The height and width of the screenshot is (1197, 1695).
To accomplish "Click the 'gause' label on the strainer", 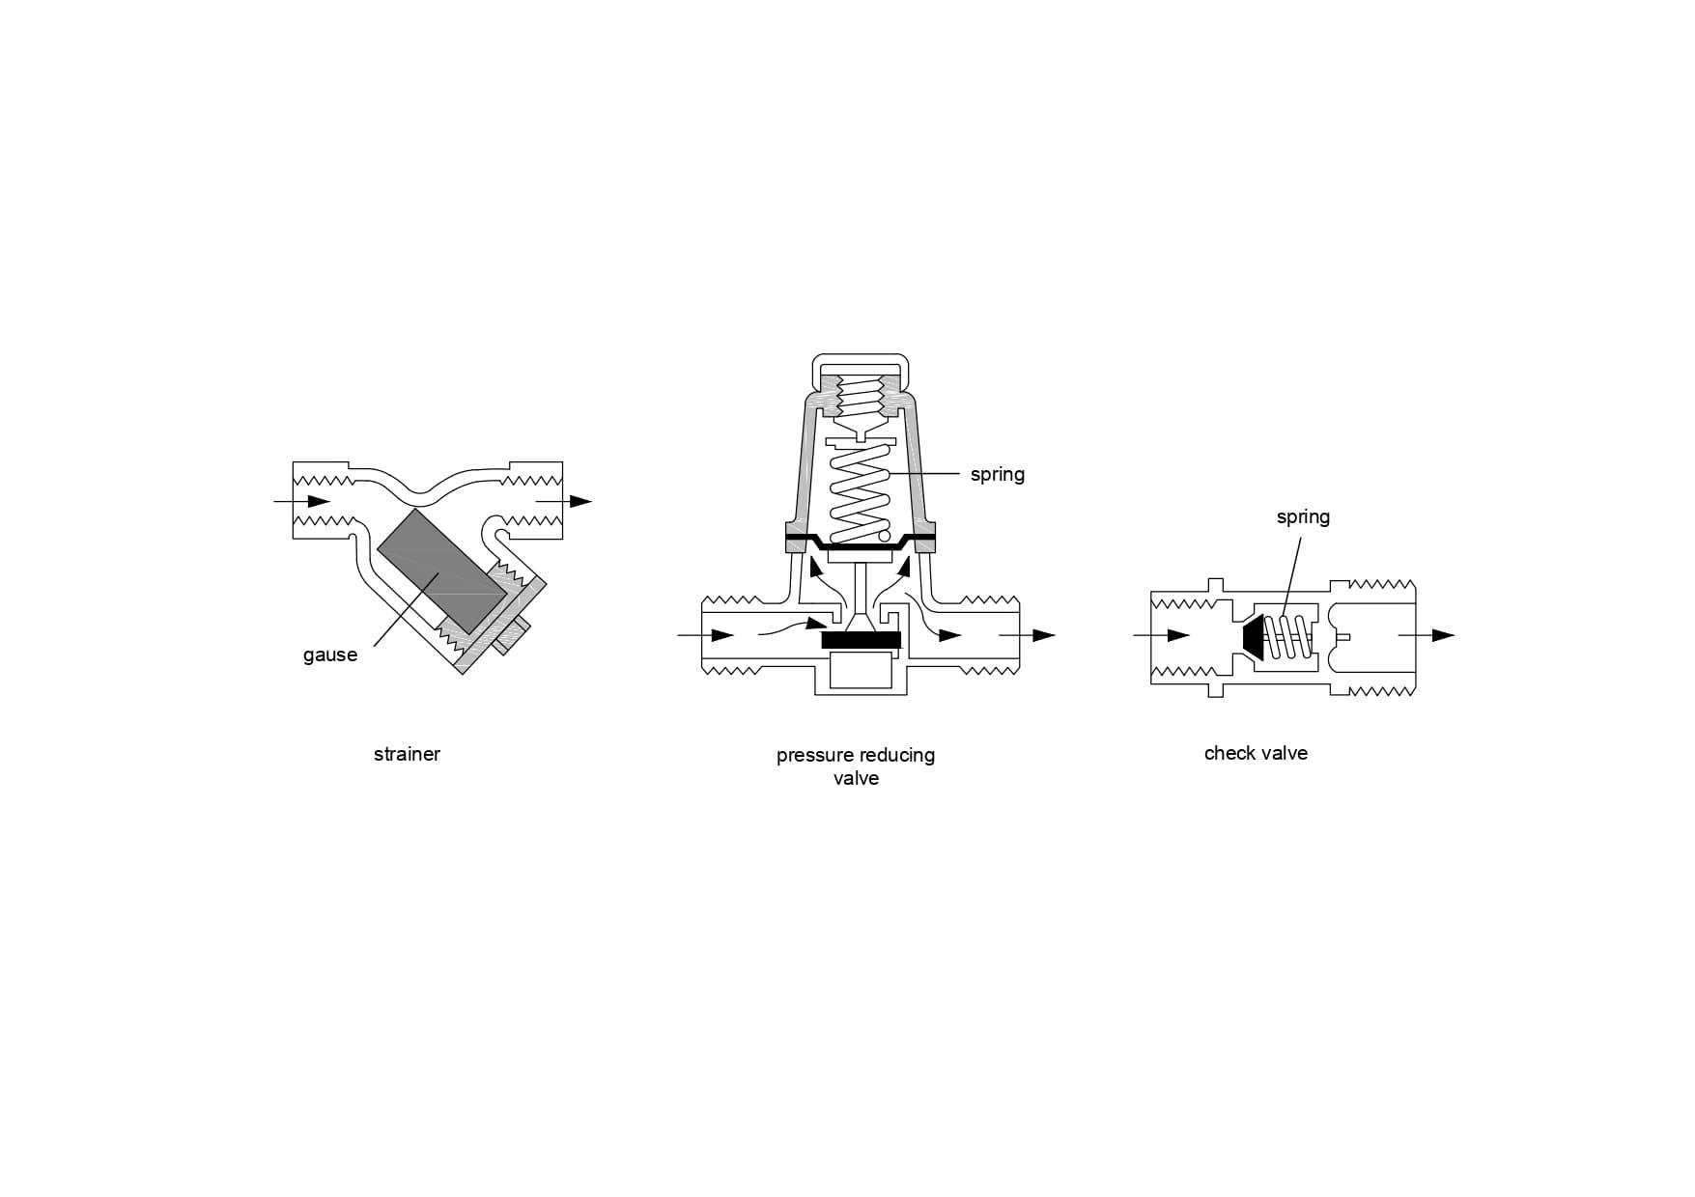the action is [x=330, y=655].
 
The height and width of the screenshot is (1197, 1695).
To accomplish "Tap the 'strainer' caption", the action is [x=407, y=754].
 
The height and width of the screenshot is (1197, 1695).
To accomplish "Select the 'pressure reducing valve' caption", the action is [x=856, y=766].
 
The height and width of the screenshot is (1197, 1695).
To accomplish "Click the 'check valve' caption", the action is [x=1256, y=753].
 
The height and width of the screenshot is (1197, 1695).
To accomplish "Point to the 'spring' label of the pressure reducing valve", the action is [x=998, y=475].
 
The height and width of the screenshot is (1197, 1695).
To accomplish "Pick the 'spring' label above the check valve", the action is [x=1303, y=517].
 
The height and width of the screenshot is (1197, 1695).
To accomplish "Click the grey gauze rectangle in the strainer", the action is [x=440, y=571].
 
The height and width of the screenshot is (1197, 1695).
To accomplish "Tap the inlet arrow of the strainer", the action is [x=302, y=501].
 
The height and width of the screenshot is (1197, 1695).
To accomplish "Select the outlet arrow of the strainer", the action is [x=563, y=501].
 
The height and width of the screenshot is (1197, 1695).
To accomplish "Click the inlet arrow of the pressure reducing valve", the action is [x=706, y=635].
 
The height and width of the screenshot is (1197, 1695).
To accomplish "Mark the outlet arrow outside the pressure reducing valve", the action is [x=1028, y=635].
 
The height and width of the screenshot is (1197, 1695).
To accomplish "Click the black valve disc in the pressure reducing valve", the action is [x=861, y=639].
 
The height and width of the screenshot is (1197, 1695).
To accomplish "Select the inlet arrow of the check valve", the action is [x=1161, y=635].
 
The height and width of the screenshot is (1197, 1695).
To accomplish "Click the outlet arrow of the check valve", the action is [x=1427, y=635].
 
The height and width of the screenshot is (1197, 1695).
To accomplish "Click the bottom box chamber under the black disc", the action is [x=861, y=670].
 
